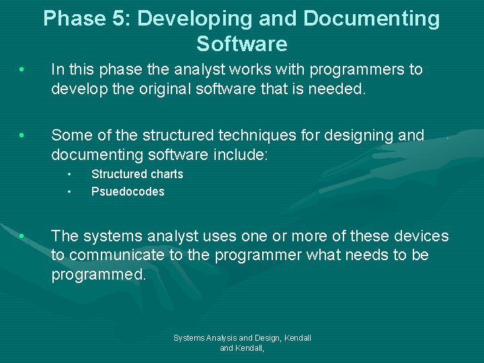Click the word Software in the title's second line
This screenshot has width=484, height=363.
point(242,44)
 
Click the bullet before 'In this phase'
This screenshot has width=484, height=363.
point(23,70)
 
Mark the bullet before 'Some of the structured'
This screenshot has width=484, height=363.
point(23,136)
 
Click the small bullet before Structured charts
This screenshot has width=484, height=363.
point(69,174)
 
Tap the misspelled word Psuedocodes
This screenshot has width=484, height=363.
point(128,192)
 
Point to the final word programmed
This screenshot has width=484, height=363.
point(98,275)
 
